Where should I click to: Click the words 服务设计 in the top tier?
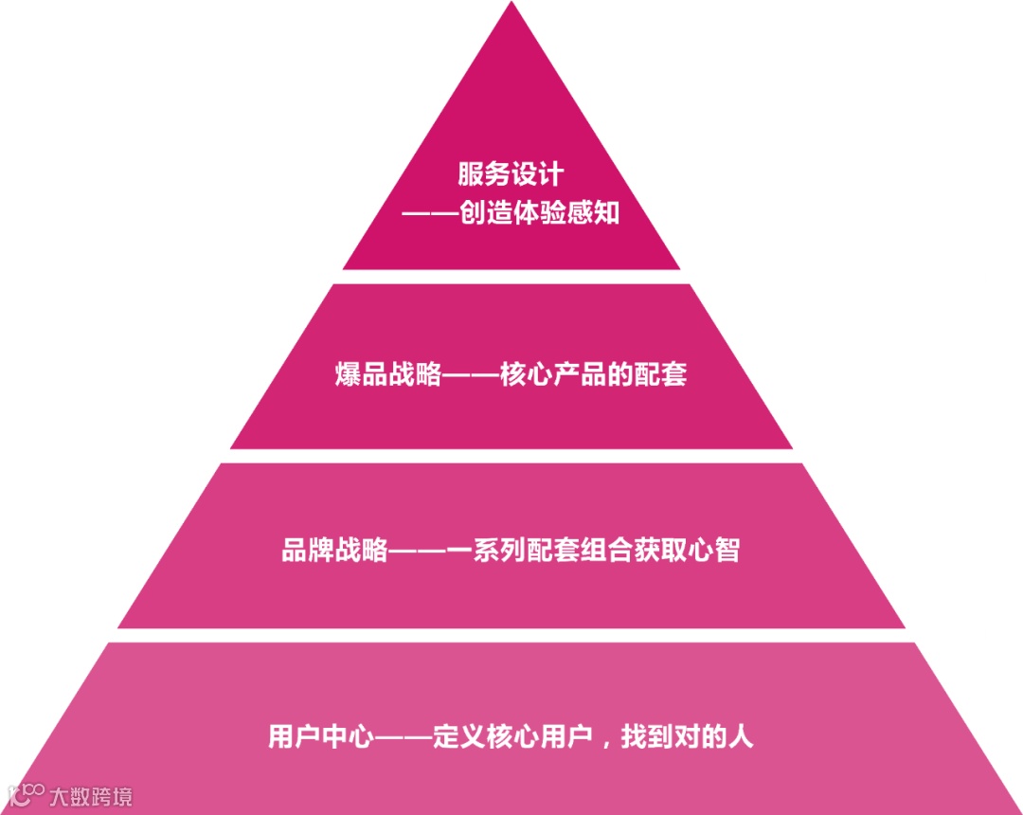[x=511, y=174]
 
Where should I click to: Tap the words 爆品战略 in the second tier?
[x=388, y=374]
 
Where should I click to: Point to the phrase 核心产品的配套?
[x=593, y=374]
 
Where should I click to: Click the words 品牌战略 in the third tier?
[x=334, y=550]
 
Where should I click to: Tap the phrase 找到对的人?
[x=687, y=737]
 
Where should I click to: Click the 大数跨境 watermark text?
[x=91, y=796]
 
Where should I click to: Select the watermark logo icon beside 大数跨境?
[x=27, y=794]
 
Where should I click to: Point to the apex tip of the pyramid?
[x=511, y=6]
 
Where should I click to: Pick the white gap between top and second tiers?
[x=511, y=277]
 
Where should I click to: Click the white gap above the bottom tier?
[x=511, y=635]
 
